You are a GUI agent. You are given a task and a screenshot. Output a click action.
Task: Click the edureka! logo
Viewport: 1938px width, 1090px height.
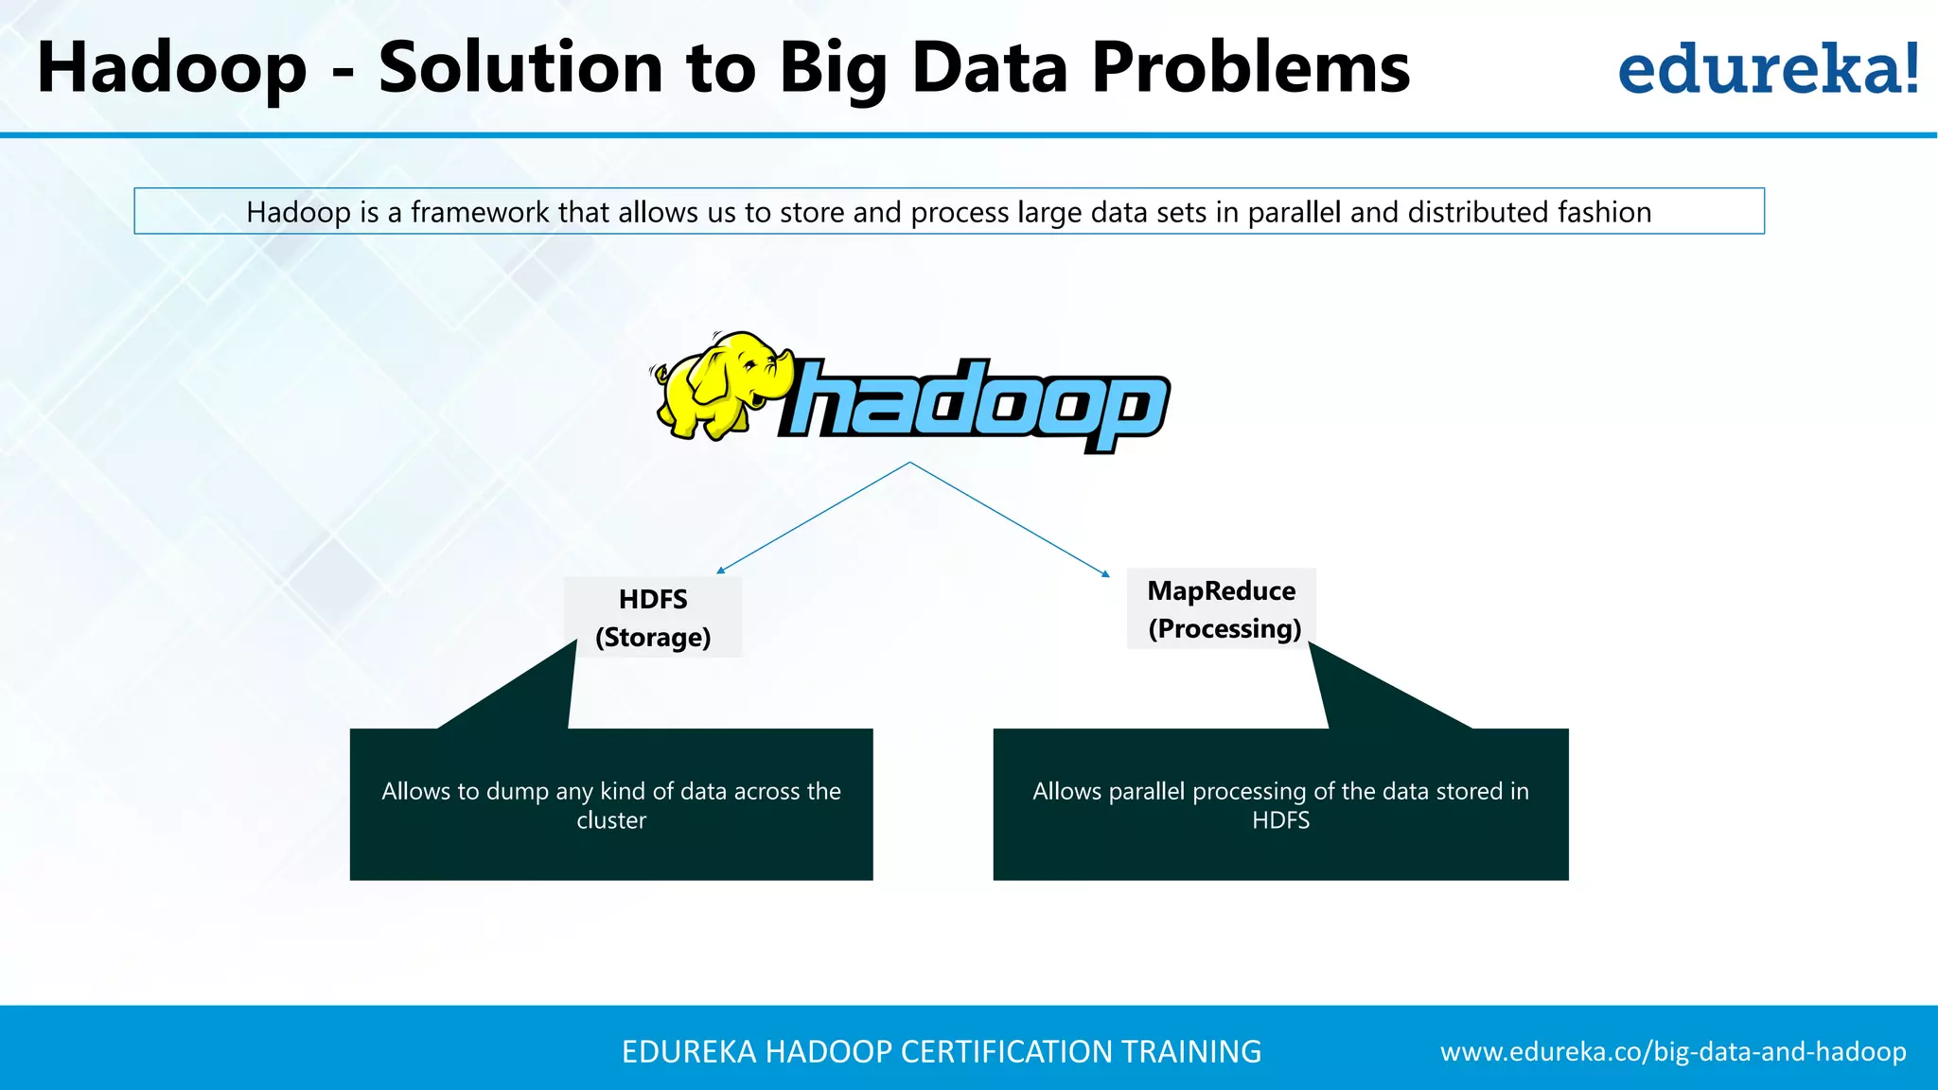(x=1768, y=69)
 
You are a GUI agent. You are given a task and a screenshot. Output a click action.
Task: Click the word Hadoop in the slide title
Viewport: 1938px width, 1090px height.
(x=172, y=69)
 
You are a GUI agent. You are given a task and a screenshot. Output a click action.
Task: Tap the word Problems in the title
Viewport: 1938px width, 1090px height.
(x=1250, y=69)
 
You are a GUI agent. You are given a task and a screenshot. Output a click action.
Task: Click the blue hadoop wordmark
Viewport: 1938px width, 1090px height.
(x=975, y=404)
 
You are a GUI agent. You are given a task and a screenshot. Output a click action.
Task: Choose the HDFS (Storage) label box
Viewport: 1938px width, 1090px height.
(x=653, y=618)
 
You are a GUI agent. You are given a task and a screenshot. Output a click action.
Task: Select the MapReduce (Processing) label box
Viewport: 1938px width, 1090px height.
(x=1222, y=609)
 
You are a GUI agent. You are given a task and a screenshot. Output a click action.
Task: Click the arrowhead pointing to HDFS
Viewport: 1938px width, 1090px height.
(x=720, y=571)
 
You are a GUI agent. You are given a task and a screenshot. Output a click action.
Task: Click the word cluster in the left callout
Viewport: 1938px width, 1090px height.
(x=611, y=820)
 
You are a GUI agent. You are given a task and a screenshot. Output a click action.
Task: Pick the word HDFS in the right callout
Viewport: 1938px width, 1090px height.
(x=1280, y=820)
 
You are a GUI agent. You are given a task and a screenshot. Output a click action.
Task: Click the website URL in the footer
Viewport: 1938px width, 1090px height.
(x=1673, y=1052)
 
